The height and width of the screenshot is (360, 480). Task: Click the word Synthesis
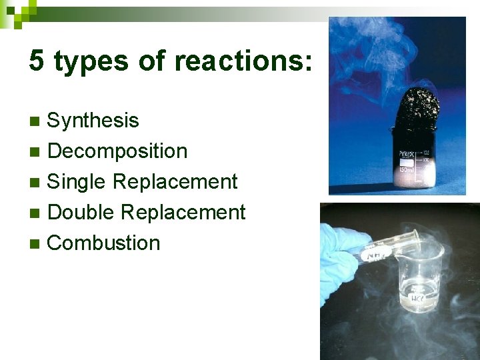tap(93, 121)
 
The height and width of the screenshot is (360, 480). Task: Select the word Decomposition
tap(117, 151)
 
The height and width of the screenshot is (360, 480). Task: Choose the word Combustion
tap(104, 243)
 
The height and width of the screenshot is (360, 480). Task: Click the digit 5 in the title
tap(37, 61)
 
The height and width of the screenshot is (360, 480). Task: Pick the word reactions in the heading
tap(243, 61)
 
